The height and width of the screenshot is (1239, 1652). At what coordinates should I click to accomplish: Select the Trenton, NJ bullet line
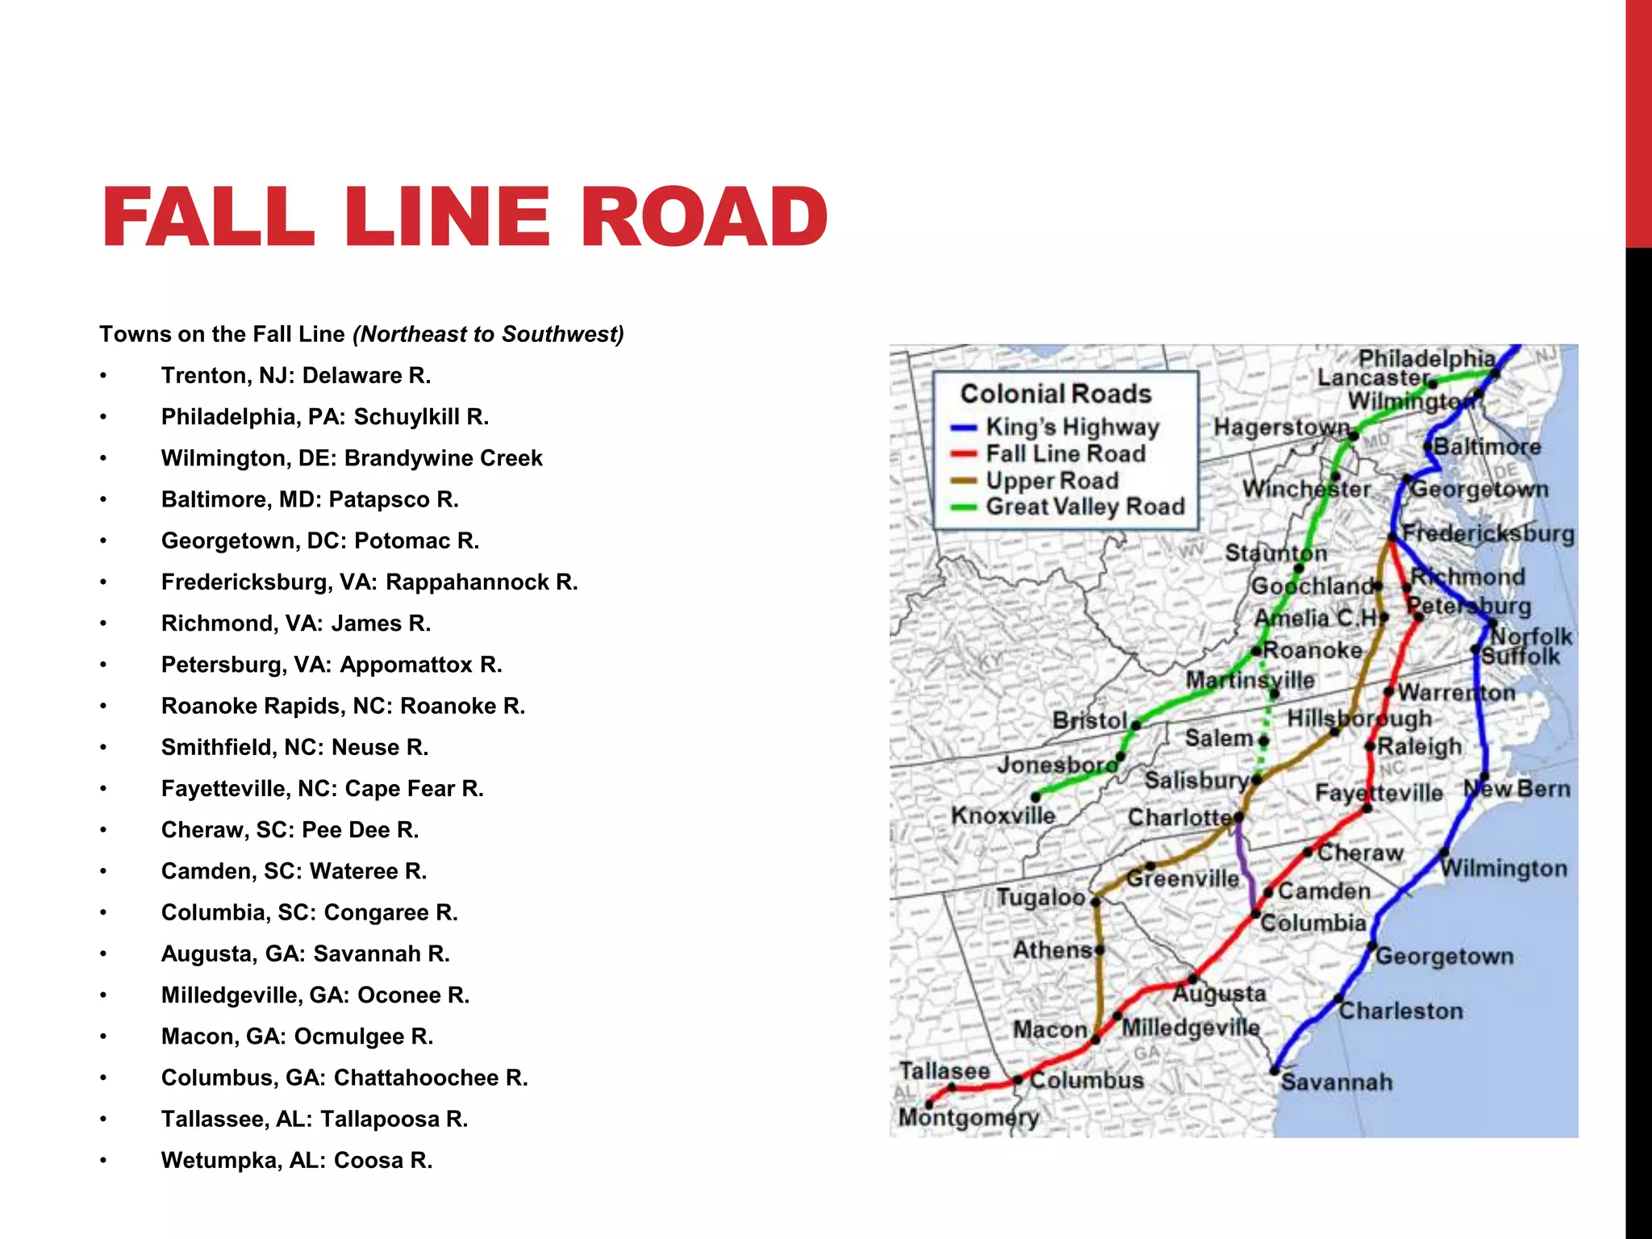click(x=296, y=376)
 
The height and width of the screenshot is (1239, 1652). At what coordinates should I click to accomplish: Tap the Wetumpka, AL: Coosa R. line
click(x=296, y=1161)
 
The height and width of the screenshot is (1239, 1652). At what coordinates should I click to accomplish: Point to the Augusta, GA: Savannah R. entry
click(x=305, y=954)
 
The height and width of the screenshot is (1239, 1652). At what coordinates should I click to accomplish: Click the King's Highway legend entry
click(x=1071, y=428)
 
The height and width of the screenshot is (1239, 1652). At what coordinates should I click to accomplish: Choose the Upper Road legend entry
click(x=1051, y=481)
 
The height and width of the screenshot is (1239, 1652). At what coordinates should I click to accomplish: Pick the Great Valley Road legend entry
click(x=1084, y=507)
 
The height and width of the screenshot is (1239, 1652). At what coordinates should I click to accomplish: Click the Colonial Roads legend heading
click(x=1055, y=394)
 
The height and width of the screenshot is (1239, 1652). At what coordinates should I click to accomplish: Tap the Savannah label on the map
click(x=1336, y=1083)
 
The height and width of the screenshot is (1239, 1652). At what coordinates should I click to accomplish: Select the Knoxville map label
click(x=1003, y=816)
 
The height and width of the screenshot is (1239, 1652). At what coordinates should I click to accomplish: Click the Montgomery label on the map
click(x=968, y=1118)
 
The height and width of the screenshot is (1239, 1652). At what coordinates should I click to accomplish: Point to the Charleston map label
click(x=1400, y=1012)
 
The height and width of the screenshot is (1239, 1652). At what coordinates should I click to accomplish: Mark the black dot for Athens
click(x=1099, y=950)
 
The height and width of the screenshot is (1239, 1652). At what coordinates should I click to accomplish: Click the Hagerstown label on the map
click(x=1281, y=427)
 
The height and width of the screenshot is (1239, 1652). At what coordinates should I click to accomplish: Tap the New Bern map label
click(x=1516, y=789)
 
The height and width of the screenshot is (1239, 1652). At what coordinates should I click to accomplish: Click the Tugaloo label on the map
click(x=1040, y=898)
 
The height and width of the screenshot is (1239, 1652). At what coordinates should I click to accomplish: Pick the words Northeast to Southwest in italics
click(x=488, y=335)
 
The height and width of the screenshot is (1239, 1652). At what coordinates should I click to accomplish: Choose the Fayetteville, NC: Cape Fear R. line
click(x=322, y=789)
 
